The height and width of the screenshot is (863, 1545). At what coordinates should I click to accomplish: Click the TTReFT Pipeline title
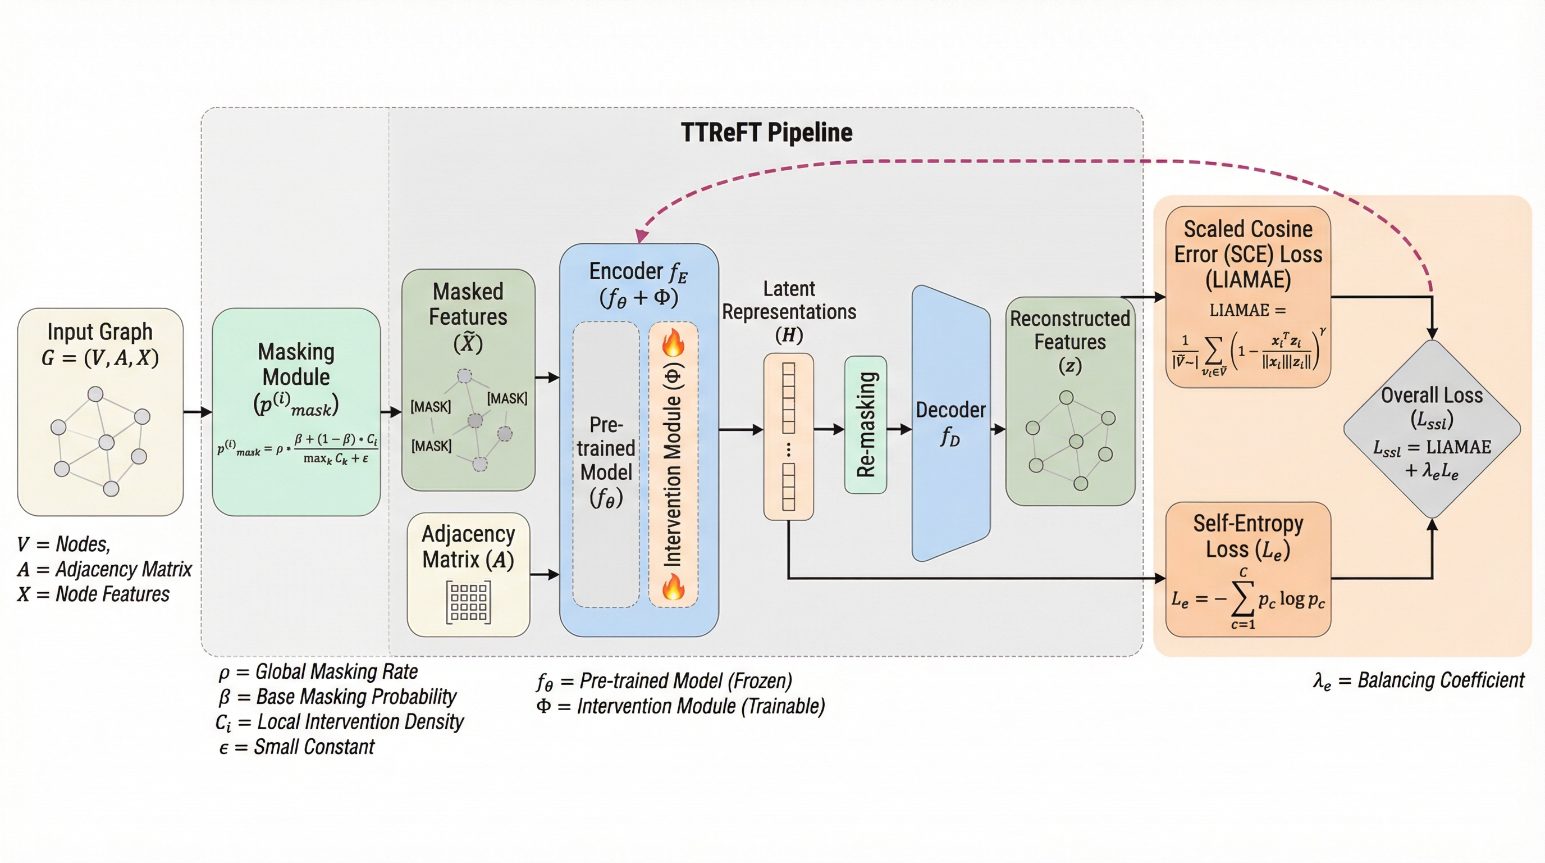(x=766, y=133)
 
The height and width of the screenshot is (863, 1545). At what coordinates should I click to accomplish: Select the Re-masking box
(x=866, y=424)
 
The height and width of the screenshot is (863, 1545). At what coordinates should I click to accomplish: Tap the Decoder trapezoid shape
(x=950, y=423)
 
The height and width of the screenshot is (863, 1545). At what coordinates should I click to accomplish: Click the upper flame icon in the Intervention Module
(x=673, y=343)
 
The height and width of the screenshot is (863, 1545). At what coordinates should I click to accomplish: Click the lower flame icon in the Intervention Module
(x=673, y=587)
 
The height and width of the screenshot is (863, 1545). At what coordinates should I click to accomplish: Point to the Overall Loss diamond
(x=1432, y=429)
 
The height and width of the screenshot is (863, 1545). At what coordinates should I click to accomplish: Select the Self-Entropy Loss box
(x=1247, y=569)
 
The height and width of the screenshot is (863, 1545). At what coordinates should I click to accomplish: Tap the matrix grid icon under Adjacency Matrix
(x=468, y=602)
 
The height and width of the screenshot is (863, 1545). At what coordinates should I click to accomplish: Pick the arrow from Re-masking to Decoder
(x=899, y=429)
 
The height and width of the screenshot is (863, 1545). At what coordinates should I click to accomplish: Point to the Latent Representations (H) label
(x=789, y=311)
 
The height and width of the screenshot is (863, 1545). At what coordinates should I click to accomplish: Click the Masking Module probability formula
(x=298, y=449)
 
